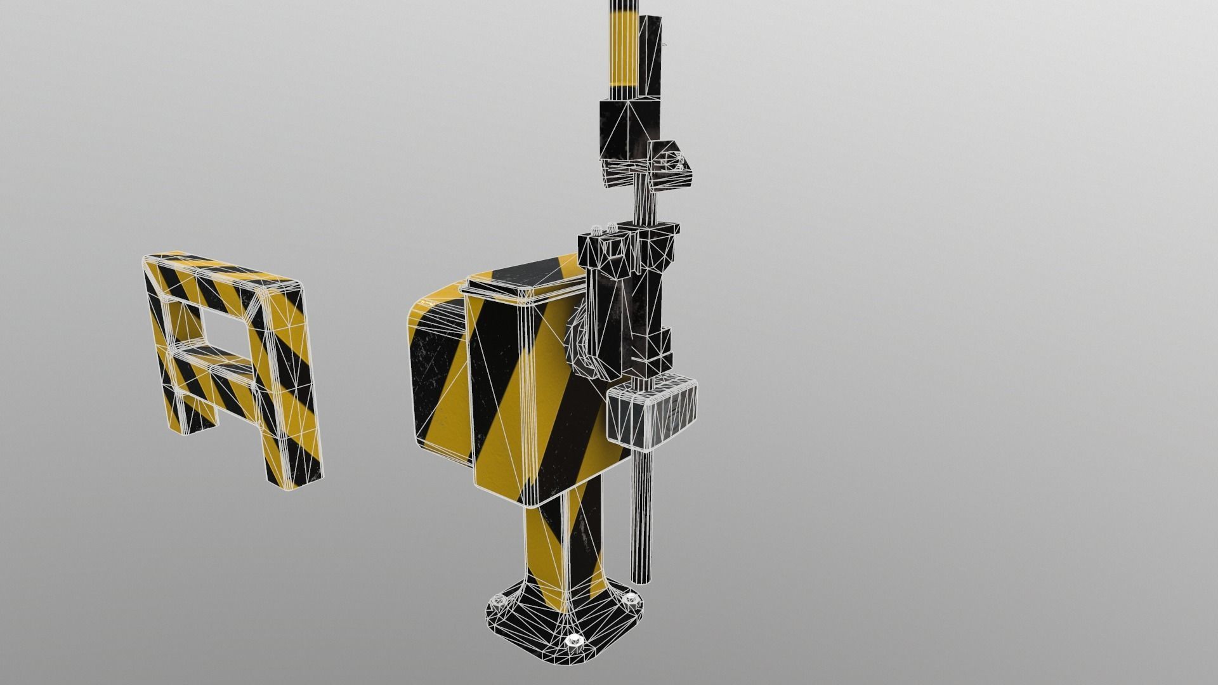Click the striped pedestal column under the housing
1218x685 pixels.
(561, 545)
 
